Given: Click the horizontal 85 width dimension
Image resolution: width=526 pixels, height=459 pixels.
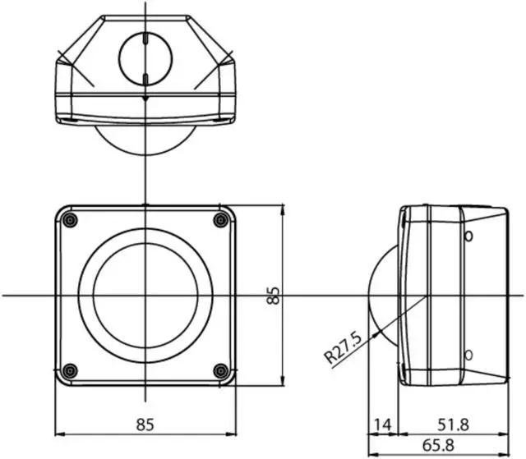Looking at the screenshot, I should tap(145, 425).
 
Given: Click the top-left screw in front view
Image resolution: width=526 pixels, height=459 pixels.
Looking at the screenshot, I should tap(70, 220).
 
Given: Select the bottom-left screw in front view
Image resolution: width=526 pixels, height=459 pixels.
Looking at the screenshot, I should tap(70, 370).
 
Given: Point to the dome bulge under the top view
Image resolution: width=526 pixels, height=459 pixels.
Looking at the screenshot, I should tap(145, 140).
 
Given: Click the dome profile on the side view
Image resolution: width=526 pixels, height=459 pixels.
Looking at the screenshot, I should tap(380, 294).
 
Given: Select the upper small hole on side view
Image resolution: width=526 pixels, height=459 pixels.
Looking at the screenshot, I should tap(468, 237).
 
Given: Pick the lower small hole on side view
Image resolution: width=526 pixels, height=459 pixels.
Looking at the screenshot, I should tap(468, 355).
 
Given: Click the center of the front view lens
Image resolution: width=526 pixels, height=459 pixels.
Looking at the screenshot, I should tap(145, 295).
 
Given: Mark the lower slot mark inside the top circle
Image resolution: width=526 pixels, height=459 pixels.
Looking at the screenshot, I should tap(145, 78).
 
